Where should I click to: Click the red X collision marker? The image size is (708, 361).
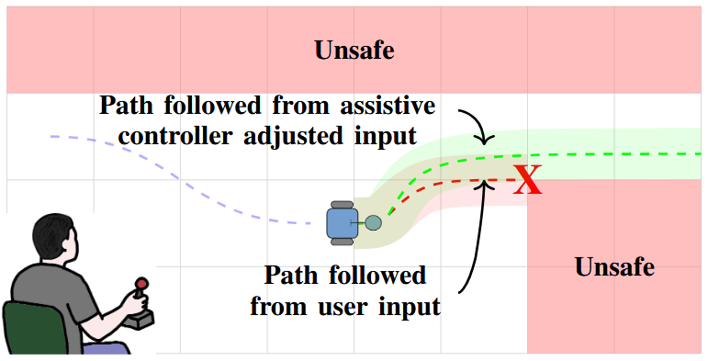point(527,180)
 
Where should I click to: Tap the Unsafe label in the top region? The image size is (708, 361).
point(354,51)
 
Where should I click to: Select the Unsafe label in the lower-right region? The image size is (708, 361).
point(614,267)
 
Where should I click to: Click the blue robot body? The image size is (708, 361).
point(342,221)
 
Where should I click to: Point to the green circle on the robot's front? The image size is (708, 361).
point(373,222)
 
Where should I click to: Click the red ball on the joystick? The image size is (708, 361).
point(141,285)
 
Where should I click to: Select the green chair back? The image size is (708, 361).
point(31,326)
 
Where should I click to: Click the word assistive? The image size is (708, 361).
point(384,103)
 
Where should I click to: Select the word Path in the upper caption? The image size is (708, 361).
point(127,103)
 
